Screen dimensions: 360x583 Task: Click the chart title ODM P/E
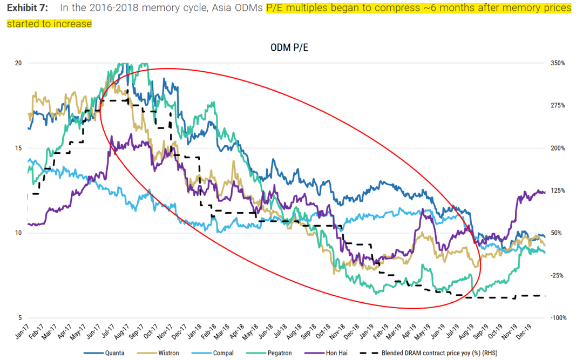point(289,48)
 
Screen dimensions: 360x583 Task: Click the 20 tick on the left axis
point(18,63)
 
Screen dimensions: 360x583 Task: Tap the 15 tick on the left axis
point(18,148)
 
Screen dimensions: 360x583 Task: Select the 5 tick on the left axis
point(20,318)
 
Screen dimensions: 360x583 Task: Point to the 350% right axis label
point(558,63)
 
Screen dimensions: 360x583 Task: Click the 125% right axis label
point(558,191)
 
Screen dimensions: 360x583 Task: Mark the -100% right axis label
point(558,318)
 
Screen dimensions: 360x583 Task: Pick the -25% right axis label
point(558,275)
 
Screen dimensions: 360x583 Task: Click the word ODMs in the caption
point(250,8)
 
